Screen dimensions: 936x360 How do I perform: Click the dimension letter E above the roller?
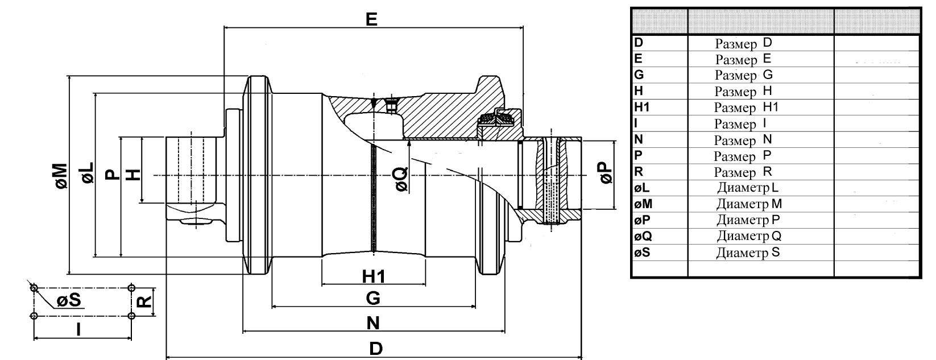[371, 19]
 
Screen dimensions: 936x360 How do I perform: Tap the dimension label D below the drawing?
[376, 348]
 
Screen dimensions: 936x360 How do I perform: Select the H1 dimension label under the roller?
[374, 276]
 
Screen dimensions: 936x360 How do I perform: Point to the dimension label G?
[373, 298]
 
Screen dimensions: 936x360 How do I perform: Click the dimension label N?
[373, 323]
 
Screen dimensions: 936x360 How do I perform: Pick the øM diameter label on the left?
[61, 176]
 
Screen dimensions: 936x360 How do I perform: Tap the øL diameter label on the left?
[88, 173]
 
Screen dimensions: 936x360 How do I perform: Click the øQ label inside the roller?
[401, 179]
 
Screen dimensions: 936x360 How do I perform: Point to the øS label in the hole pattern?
[69, 300]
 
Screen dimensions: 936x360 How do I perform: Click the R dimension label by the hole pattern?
[144, 301]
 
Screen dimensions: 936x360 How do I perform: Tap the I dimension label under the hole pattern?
[78, 329]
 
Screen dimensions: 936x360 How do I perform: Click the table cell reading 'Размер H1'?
[746, 107]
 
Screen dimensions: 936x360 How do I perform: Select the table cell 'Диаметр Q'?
[749, 236]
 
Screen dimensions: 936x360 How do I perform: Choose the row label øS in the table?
[643, 253]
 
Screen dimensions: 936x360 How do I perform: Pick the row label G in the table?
[639, 75]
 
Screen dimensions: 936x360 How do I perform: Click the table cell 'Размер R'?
[743, 172]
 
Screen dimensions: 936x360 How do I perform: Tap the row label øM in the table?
[643, 204]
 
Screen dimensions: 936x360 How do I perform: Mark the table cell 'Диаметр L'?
[748, 188]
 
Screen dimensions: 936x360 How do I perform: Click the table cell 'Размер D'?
[743, 43]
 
